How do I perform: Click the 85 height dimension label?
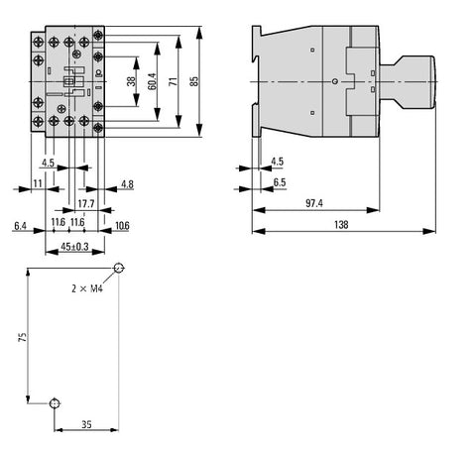click(195, 81)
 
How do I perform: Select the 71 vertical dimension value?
click(174, 81)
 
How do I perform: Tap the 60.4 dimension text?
click(152, 81)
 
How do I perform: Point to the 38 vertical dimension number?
click(131, 81)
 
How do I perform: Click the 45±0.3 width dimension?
click(74, 247)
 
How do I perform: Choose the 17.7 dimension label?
click(86, 203)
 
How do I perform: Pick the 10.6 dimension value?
click(122, 226)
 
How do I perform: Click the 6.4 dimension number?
click(20, 226)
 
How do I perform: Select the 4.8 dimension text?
click(127, 184)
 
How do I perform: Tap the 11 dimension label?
click(38, 183)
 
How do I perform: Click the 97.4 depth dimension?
click(314, 203)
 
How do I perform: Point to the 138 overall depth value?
click(341, 225)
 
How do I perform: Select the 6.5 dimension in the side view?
click(280, 182)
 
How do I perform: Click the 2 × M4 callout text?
click(87, 288)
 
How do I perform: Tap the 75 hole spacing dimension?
click(23, 337)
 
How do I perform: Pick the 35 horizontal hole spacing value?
click(86, 424)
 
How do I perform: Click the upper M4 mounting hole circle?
click(119, 268)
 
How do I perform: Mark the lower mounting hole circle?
click(55, 403)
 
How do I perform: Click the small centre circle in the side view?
click(334, 81)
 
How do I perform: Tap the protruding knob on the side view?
click(408, 82)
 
